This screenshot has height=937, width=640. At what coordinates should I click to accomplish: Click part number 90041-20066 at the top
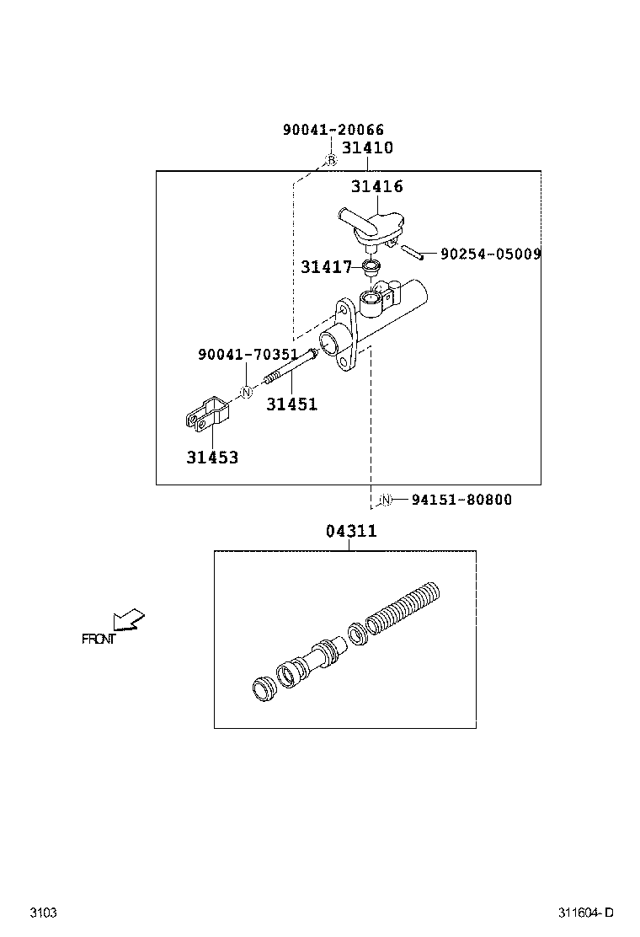click(333, 130)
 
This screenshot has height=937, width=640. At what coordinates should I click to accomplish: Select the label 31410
click(366, 147)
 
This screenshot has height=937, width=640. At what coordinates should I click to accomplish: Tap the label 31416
click(376, 186)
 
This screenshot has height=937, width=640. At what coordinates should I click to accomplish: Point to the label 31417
click(326, 267)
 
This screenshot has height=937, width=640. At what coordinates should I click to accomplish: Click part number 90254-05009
click(490, 253)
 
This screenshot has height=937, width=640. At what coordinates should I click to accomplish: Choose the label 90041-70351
click(248, 356)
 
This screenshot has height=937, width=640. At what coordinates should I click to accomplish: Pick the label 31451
click(291, 404)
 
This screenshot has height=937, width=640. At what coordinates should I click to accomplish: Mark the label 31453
click(212, 458)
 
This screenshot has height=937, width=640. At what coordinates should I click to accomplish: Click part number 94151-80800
click(461, 500)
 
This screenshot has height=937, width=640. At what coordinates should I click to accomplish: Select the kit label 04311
click(350, 532)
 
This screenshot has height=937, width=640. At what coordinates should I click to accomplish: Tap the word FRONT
click(98, 639)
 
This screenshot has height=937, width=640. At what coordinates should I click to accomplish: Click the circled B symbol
click(331, 160)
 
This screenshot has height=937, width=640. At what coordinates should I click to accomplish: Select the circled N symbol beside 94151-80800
click(384, 500)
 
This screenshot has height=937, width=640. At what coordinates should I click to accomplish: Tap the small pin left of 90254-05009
click(410, 250)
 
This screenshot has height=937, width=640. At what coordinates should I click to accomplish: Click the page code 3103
click(43, 913)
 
